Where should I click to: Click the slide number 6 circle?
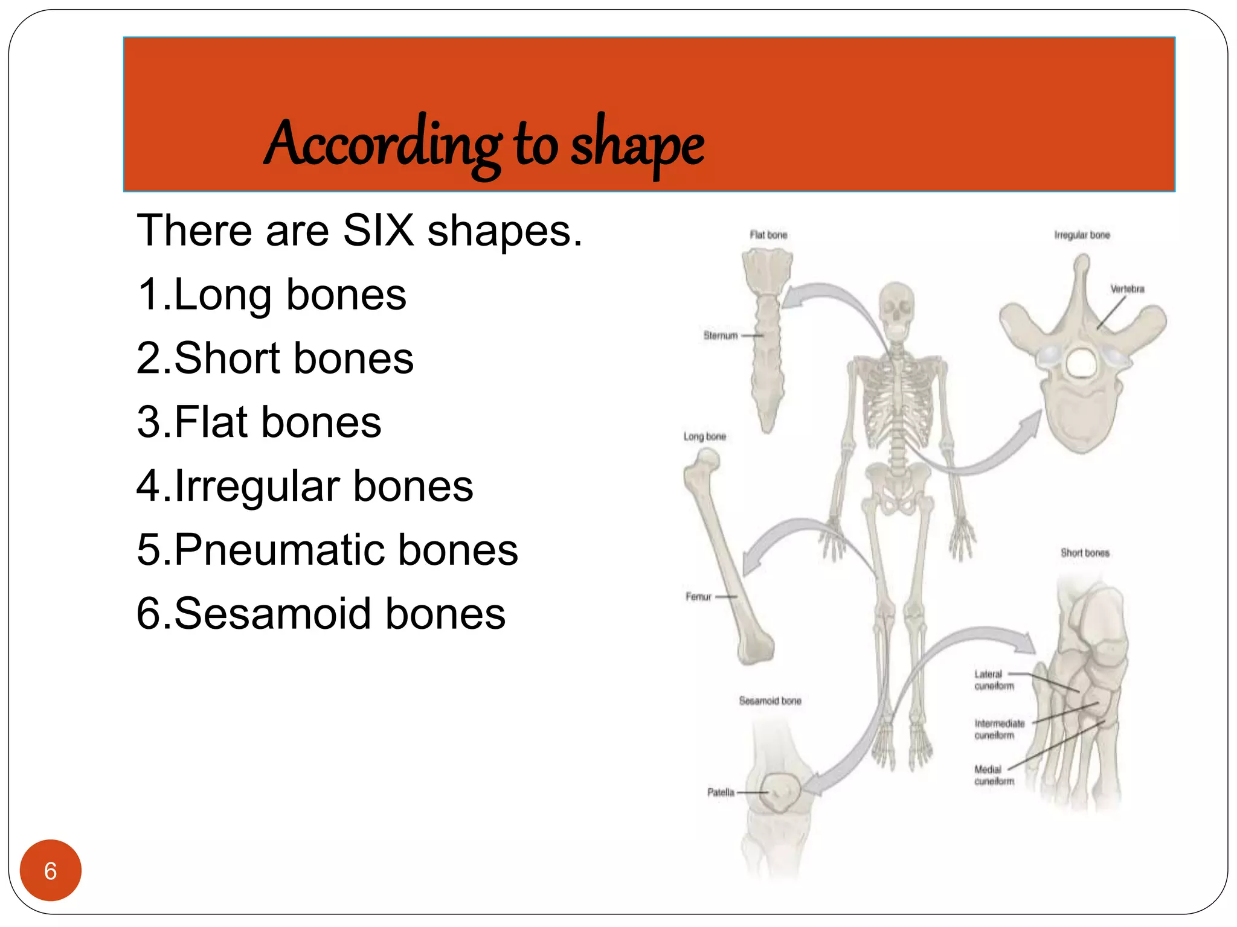[50, 870]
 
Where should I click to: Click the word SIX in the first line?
[379, 231]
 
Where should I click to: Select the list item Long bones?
[272, 295]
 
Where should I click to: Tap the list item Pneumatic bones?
[327, 550]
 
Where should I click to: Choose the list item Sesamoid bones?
[321, 614]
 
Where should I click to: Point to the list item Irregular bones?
[305, 486]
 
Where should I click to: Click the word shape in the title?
[637, 145]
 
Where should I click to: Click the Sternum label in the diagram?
[721, 336]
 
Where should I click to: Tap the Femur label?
[699, 597]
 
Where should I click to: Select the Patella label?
[721, 792]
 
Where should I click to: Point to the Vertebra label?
[1127, 289]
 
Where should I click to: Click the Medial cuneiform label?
[994, 776]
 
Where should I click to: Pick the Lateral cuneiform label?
[994, 680]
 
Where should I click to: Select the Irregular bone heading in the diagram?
[1082, 235]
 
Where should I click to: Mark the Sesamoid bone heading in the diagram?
[770, 701]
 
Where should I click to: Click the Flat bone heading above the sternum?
[768, 235]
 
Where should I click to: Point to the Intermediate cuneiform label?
[999, 729]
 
